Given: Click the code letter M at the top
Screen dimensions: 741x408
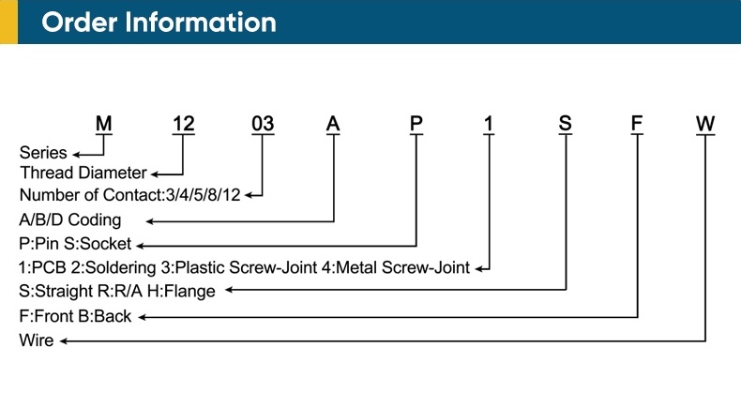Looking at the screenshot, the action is pos(104,124).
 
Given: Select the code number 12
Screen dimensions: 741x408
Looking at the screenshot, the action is pos(183,124).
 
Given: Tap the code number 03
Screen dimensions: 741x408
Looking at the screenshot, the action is pos(263,124).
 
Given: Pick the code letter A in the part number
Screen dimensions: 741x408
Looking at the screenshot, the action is pos(333,124).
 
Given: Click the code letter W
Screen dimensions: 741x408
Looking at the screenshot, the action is pos(705,124).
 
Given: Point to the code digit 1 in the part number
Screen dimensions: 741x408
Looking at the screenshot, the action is pos(489,124).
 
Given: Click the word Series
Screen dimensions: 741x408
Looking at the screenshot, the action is pos(43,153).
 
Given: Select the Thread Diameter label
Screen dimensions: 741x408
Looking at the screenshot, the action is pos(83,173).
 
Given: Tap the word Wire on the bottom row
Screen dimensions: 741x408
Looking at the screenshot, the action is pos(37,340).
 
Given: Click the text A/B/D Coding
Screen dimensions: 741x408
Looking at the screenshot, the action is pos(70,219).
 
